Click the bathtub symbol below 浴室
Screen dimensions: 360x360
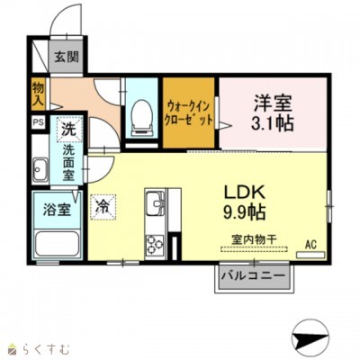[x=57, y=243]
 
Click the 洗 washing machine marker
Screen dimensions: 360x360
[x=68, y=129]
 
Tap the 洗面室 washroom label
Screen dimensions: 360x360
[x=68, y=163]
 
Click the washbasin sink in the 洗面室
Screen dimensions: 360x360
[x=40, y=167]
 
